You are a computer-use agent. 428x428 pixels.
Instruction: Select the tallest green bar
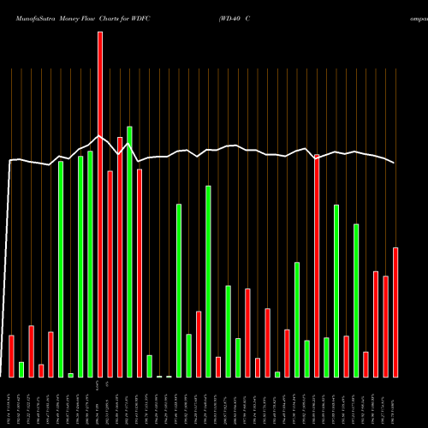point(129,252)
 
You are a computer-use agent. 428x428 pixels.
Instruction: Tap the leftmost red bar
point(11,356)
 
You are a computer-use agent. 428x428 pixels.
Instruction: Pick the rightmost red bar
point(395,312)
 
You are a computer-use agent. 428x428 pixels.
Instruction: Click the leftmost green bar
point(21,370)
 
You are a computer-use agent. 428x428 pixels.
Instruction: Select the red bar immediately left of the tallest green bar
point(120,257)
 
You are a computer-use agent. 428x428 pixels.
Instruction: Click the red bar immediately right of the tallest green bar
point(139,273)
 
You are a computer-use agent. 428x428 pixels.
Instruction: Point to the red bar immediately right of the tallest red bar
point(110,274)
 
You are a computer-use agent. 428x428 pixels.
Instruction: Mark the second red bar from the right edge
point(386,326)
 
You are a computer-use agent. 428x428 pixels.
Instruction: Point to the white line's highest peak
point(100,135)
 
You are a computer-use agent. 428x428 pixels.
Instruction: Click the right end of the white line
point(395,163)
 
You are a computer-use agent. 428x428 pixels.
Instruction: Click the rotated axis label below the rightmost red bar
point(395,401)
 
